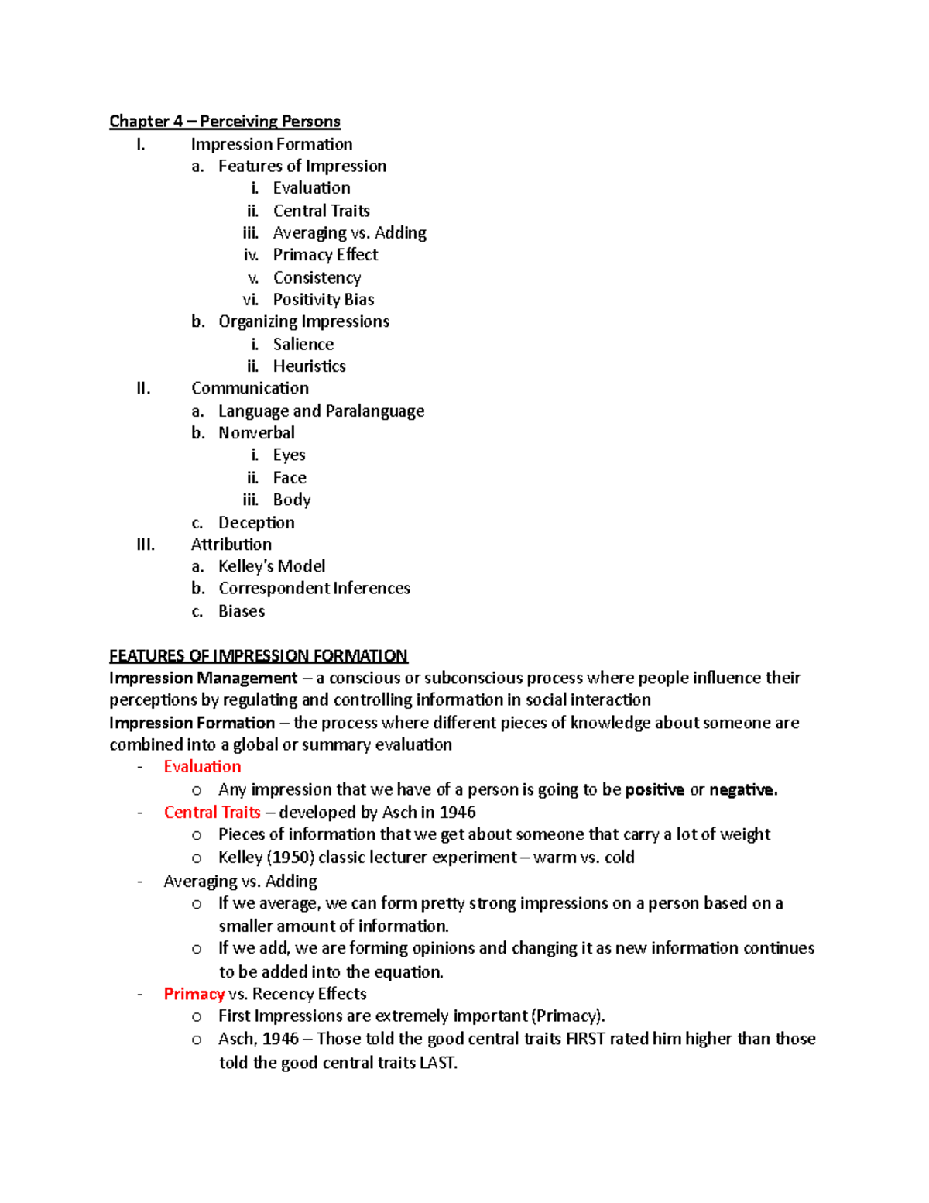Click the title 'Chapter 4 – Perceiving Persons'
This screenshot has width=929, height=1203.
(x=225, y=122)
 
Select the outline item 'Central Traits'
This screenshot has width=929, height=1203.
(x=321, y=211)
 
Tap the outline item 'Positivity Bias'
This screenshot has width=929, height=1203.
(x=324, y=300)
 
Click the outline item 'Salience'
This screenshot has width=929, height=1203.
(x=303, y=344)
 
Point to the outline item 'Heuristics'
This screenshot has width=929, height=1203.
(x=309, y=366)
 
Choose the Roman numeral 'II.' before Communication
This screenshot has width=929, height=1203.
(x=143, y=388)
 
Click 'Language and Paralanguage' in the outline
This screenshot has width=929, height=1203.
(x=321, y=411)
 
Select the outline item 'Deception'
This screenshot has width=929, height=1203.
(x=256, y=523)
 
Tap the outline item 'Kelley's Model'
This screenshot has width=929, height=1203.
(x=272, y=566)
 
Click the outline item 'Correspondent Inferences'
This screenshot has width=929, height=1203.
(x=314, y=589)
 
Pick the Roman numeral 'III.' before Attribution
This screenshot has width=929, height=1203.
(x=146, y=545)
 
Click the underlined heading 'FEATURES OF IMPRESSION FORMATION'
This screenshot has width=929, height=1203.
(x=259, y=656)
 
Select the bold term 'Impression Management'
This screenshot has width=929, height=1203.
(x=203, y=679)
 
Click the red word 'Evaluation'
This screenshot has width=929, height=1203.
(x=202, y=767)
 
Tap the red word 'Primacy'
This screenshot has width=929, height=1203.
(x=194, y=994)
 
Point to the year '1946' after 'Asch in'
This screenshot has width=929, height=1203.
(x=457, y=813)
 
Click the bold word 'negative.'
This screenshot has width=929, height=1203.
(x=743, y=790)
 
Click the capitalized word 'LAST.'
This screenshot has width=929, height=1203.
(x=438, y=1063)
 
